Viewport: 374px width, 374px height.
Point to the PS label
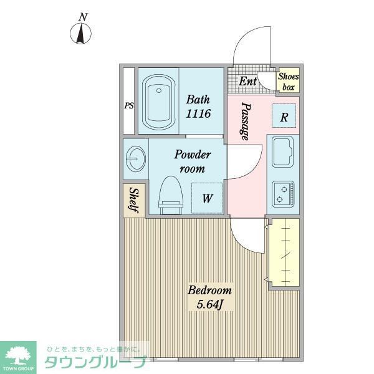click(129, 106)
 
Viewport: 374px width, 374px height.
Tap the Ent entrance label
click(247, 81)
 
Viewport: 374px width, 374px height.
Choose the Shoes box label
click(288, 82)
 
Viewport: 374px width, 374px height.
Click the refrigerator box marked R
click(284, 116)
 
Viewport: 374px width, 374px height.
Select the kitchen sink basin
click(284, 151)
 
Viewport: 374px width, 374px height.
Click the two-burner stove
click(284, 193)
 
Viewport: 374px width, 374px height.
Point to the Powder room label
click(192, 161)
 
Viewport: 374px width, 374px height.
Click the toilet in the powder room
click(170, 194)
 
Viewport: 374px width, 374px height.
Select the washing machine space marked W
click(207, 198)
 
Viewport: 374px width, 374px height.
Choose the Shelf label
click(134, 200)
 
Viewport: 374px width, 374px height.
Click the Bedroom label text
click(210, 290)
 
